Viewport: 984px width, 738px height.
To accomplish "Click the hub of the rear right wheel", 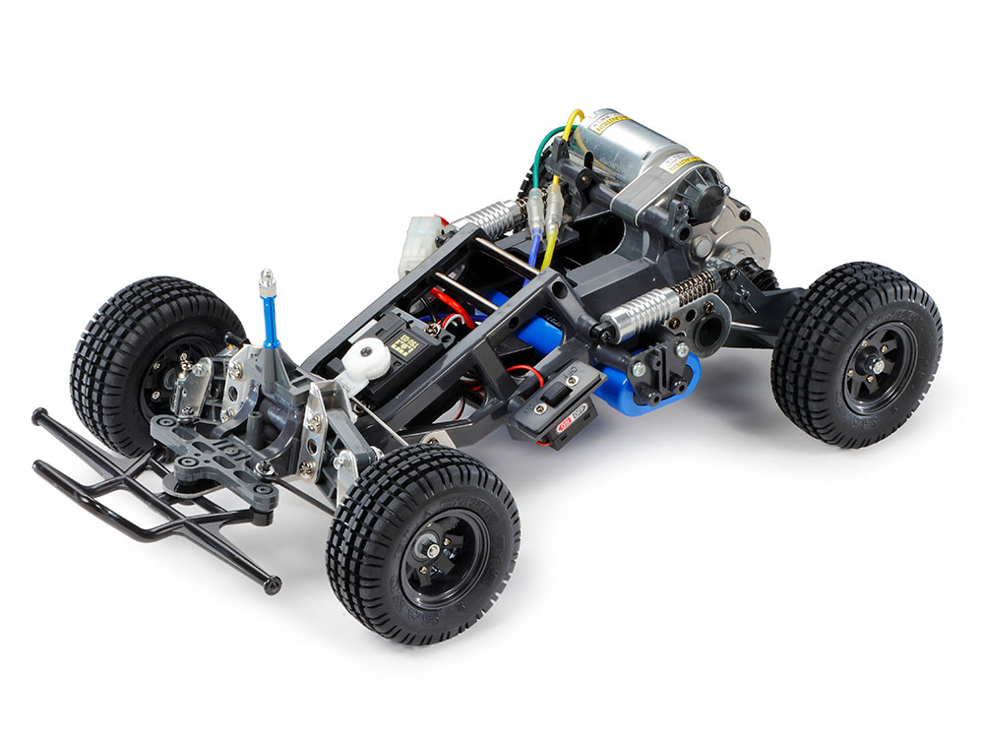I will coord(866,365).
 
